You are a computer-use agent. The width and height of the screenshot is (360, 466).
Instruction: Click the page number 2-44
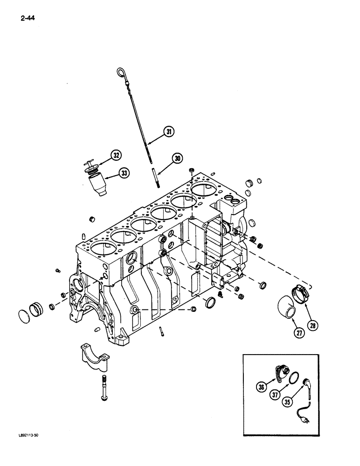pyautogui.click(x=28, y=19)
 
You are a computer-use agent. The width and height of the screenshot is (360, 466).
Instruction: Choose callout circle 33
pyautogui.click(x=124, y=173)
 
